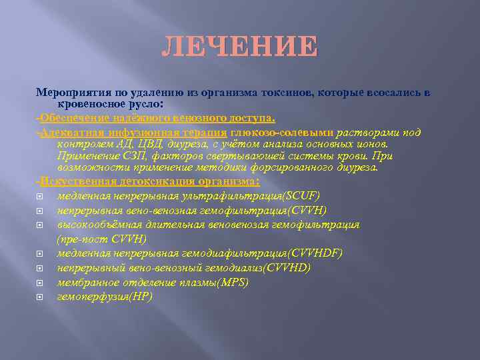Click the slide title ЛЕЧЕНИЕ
click(240, 47)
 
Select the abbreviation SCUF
click(302, 195)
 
